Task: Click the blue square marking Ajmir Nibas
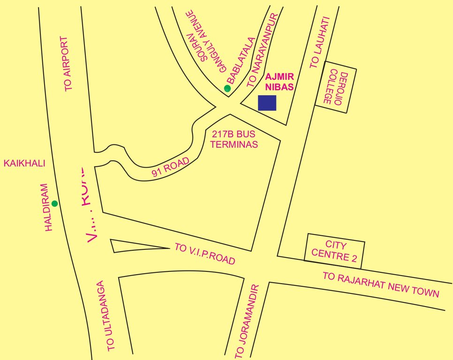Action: (x=267, y=103)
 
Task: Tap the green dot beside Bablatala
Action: (x=227, y=88)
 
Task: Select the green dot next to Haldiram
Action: (x=54, y=203)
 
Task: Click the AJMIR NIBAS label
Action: (x=279, y=82)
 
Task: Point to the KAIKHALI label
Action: (x=24, y=163)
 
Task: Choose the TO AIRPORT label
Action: (x=68, y=64)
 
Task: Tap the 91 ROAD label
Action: (x=171, y=167)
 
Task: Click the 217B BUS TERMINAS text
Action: (x=234, y=140)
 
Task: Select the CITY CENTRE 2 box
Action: (x=335, y=250)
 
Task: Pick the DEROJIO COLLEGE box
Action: (x=335, y=87)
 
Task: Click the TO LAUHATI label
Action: (x=320, y=43)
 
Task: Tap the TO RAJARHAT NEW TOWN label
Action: (x=381, y=285)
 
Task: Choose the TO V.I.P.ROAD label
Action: (x=204, y=254)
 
